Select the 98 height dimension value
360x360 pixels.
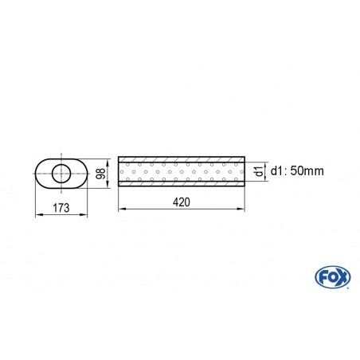[x=100, y=174]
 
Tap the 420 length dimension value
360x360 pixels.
[x=181, y=202]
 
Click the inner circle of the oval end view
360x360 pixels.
[x=61, y=173]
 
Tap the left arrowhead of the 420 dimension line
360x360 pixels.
[x=121, y=209]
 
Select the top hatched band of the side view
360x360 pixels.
[x=181, y=158]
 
